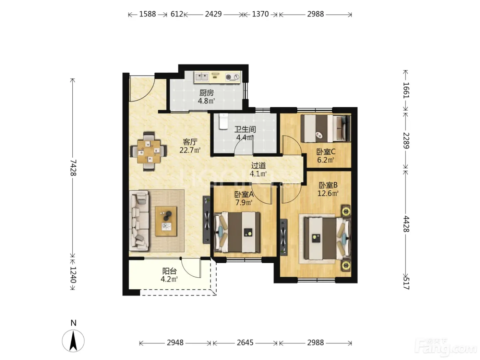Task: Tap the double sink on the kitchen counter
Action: [201, 77]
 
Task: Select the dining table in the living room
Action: [149, 151]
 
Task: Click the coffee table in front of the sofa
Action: [166, 221]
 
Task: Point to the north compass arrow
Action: [73, 341]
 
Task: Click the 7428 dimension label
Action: [73, 167]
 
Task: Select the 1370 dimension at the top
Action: [260, 14]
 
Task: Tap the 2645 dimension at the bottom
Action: [245, 343]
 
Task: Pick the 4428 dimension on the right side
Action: [406, 224]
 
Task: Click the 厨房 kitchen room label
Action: [206, 93]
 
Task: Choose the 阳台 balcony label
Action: [169, 271]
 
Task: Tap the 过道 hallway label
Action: [258, 166]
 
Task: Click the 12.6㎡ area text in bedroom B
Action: [328, 193]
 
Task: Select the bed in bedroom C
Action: [325, 128]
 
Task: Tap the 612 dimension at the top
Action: [177, 14]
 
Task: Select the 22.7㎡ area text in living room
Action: [190, 150]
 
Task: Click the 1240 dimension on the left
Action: [73, 275]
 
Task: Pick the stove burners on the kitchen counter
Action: [232, 77]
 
